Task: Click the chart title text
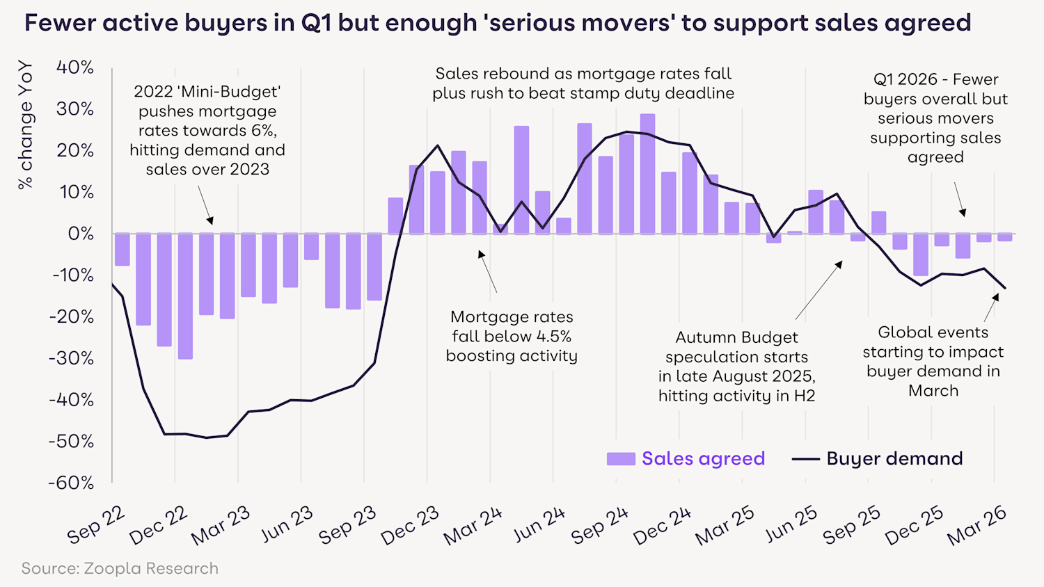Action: click(x=498, y=23)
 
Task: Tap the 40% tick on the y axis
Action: click(x=75, y=67)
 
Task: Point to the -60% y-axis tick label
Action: click(x=71, y=483)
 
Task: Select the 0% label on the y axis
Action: click(x=81, y=234)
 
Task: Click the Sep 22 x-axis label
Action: click(x=96, y=526)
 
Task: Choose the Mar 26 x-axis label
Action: click(x=976, y=526)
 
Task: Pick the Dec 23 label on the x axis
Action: click(x=410, y=526)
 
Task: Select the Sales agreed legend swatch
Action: click(x=621, y=459)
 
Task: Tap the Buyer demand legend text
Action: click(x=894, y=459)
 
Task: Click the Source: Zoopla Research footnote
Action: click(x=120, y=568)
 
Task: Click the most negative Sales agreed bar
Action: click(x=185, y=296)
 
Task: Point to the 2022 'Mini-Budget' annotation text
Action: click(x=207, y=130)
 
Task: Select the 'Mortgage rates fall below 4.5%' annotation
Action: click(x=512, y=337)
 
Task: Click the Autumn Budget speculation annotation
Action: click(x=737, y=367)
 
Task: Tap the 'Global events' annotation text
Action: click(x=933, y=362)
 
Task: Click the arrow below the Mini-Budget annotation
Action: click(x=205, y=204)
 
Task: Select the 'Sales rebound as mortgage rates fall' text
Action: click(x=583, y=74)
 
